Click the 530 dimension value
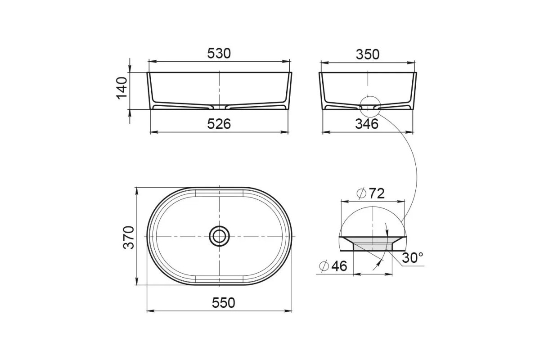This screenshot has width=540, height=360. point(219,53)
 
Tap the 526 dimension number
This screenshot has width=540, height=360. point(219,124)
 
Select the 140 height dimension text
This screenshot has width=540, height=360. point(122,88)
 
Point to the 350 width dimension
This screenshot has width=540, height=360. point(368,54)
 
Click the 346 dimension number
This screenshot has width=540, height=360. point(367,124)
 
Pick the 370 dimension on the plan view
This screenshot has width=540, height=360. point(129,238)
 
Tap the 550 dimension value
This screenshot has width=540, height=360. point(224,303)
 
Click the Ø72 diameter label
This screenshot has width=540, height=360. point(370,193)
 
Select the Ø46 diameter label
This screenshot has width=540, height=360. point(333,266)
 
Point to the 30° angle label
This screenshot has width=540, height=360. point(413,258)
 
